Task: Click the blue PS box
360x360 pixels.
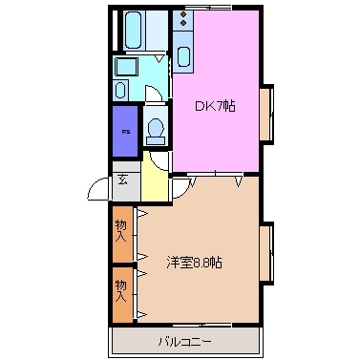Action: tap(123, 134)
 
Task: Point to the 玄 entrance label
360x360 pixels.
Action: tap(124, 180)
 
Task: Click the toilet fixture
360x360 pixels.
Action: tap(156, 132)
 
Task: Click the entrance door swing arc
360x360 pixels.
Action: tap(98, 190)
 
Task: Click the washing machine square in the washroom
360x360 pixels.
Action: tap(125, 66)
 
